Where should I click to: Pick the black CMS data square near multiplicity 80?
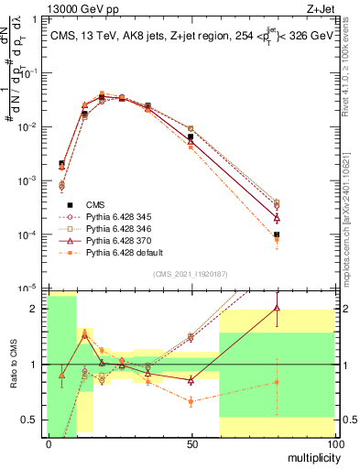point(277,235)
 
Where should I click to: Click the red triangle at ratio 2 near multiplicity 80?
point(277,308)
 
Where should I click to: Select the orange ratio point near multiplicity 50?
point(191,401)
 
